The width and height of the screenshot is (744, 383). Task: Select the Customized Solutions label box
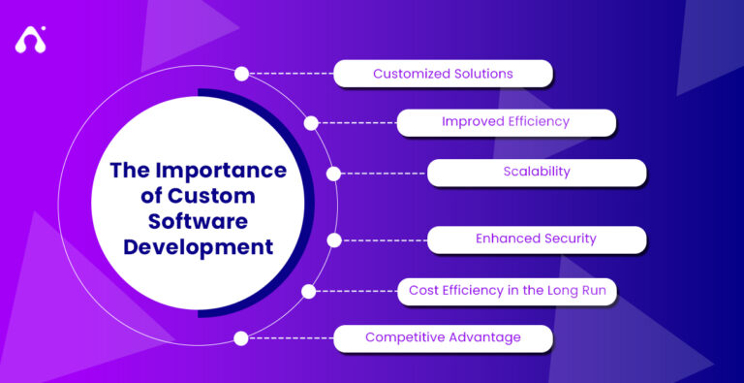pyautogui.click(x=443, y=73)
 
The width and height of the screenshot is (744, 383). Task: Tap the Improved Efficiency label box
pyautogui.click(x=506, y=122)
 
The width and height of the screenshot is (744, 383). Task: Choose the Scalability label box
pyautogui.click(x=536, y=172)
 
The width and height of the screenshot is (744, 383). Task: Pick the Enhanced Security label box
pyautogui.click(x=536, y=239)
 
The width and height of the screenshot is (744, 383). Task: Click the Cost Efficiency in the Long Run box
pyautogui.click(x=507, y=289)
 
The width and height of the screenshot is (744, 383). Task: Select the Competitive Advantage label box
pyautogui.click(x=443, y=337)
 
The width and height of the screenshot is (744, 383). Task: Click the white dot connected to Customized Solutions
pyautogui.click(x=241, y=73)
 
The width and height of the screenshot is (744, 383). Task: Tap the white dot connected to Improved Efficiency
pyautogui.click(x=311, y=123)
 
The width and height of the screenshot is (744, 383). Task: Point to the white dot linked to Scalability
pyautogui.click(x=334, y=174)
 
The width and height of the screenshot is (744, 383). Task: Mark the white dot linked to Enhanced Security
pyautogui.click(x=334, y=239)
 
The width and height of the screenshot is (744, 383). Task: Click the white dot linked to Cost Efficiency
pyautogui.click(x=309, y=290)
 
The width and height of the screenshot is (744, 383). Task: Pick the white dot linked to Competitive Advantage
pyautogui.click(x=241, y=338)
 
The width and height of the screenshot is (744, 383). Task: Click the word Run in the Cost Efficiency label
pyautogui.click(x=592, y=289)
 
